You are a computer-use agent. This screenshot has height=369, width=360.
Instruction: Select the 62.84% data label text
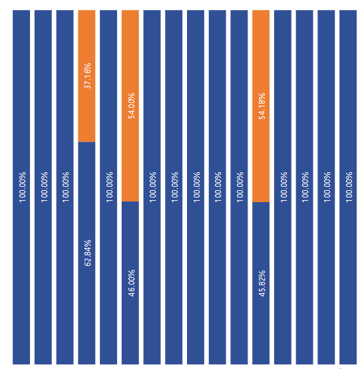(87, 253)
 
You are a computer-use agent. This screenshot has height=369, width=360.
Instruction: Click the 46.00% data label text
(131, 283)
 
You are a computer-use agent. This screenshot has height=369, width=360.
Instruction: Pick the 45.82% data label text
(262, 283)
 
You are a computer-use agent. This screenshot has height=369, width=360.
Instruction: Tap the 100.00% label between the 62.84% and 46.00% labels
(109, 187)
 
